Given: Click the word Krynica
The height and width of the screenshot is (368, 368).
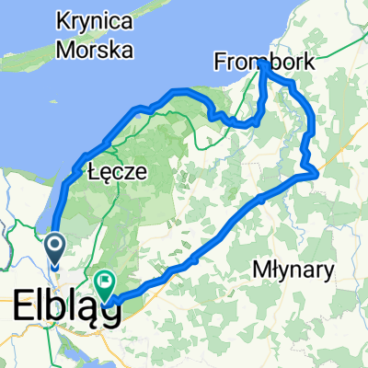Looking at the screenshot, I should [x=96, y=19].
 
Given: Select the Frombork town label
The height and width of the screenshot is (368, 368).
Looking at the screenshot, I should [x=263, y=63].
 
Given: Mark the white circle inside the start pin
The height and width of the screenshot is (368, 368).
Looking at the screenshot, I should [x=54, y=245].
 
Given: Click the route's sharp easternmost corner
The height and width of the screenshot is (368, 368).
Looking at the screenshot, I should [x=318, y=171].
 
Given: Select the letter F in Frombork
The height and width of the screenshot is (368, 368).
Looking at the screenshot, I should [x=221, y=63].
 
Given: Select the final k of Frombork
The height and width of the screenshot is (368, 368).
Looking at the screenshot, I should [x=306, y=63].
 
